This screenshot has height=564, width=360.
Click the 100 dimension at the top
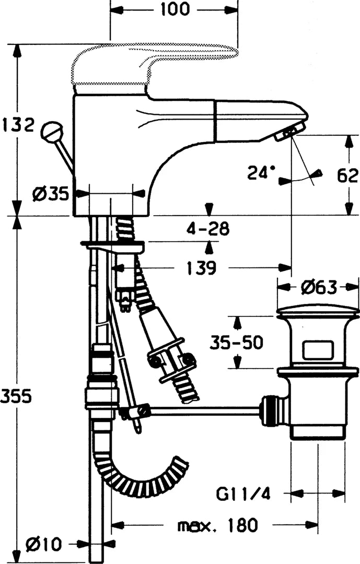pos(175,9)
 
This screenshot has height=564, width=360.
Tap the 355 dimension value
pos(17,397)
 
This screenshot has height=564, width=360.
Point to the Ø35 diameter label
pos(50,195)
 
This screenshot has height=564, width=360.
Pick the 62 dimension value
pos(347,175)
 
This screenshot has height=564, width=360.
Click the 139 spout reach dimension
pos(201,267)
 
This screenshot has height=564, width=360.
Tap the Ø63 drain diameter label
pos(319,287)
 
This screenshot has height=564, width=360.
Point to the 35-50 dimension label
pos(237,343)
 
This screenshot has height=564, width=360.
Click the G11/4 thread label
pos(243,494)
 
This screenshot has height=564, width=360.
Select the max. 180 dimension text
pos(218,525)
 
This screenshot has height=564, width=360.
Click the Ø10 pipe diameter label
pos(44,544)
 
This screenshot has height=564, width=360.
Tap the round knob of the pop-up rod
pos(52,131)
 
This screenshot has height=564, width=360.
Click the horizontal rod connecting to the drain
pos(205,410)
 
